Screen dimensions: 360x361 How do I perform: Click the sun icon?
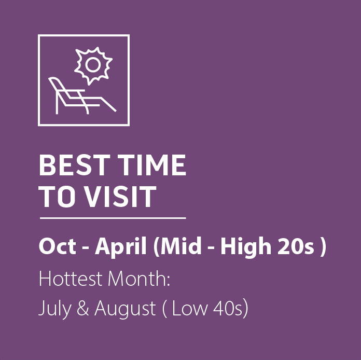point(93,65)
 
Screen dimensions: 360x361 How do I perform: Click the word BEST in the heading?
point(67,165)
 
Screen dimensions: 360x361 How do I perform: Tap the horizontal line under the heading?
point(112,218)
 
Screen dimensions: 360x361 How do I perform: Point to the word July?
point(52,310)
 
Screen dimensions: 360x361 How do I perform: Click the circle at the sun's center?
point(93,65)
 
